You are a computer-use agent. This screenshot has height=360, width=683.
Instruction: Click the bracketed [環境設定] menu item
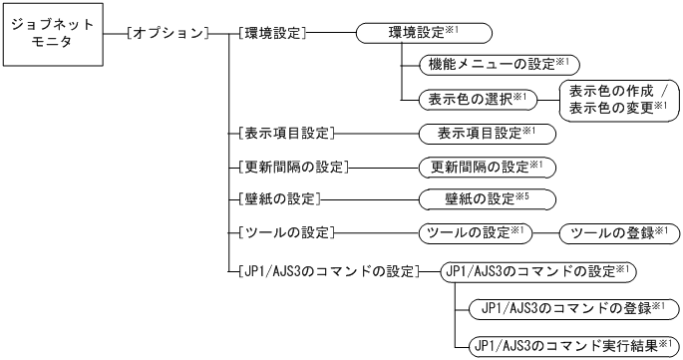(272, 33)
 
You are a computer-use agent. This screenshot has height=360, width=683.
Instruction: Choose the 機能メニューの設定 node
(490, 65)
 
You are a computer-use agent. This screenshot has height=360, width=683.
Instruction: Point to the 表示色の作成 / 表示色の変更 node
(617, 99)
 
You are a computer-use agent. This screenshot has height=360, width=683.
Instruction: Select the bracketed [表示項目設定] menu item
(286, 132)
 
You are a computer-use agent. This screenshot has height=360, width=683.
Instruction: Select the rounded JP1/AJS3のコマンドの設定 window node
(538, 270)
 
